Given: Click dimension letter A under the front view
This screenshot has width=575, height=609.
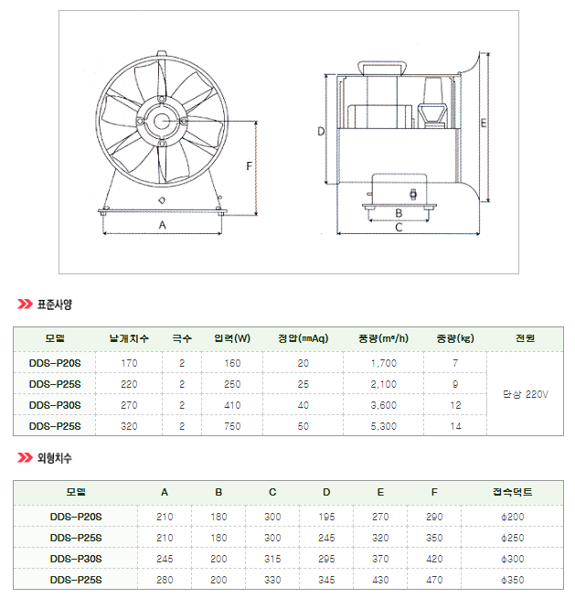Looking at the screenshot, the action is click(x=163, y=225).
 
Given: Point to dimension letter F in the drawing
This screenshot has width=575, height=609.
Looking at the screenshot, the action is click(x=249, y=166).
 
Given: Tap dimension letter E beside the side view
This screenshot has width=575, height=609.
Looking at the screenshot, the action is click(x=484, y=123).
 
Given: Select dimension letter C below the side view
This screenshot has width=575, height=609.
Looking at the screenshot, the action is click(x=399, y=227).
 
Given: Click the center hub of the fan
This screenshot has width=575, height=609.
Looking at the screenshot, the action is click(x=162, y=122).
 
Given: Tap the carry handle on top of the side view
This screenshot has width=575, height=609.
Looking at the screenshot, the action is click(x=382, y=67).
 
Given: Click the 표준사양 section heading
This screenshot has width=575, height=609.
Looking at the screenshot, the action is click(x=54, y=304).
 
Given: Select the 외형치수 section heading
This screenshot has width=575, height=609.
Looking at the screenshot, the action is click(x=54, y=458).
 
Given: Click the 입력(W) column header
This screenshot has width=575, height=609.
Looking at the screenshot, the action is click(x=232, y=338).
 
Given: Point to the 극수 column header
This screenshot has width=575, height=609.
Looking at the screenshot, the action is click(x=182, y=338).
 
